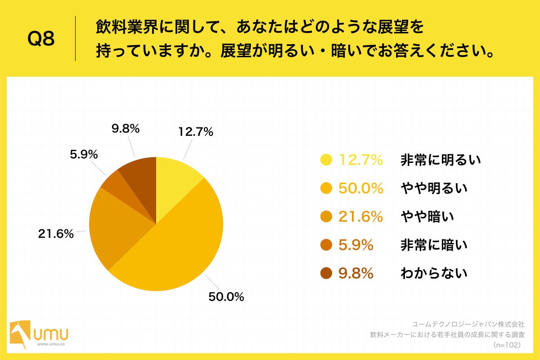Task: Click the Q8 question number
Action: [41, 39]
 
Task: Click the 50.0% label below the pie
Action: [225, 297]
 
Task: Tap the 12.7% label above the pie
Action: [195, 132]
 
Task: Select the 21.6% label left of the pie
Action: [55, 234]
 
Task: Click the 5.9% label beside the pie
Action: [84, 154]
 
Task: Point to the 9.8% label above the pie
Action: [126, 128]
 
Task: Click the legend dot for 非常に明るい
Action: [326, 160]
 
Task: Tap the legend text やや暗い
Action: [427, 216]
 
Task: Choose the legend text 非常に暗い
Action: [434, 245]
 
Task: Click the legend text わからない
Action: [434, 273]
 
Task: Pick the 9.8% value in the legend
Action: [356, 273]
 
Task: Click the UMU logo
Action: [40, 335]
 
